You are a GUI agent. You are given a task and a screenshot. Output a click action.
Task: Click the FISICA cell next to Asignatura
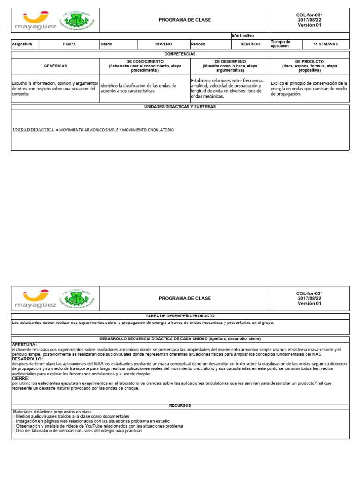[69, 45]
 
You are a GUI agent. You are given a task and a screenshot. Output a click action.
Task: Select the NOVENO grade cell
[163, 45]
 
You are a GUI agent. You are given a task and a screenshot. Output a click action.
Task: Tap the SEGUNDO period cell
[250, 45]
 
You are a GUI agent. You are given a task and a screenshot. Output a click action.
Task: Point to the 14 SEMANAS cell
[325, 45]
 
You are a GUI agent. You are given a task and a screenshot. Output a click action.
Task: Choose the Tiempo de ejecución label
[281, 44]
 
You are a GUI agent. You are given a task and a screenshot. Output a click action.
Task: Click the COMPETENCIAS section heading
[180, 54]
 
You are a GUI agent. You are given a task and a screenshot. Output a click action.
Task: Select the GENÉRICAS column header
[55, 66]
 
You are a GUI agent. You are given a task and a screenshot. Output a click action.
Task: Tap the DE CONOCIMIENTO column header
[145, 66]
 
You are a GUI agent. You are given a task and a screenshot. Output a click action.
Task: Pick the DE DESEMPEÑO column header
[230, 66]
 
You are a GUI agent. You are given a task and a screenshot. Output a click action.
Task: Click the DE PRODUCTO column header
[309, 66]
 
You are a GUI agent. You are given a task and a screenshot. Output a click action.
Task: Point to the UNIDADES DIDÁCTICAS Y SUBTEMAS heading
[180, 107]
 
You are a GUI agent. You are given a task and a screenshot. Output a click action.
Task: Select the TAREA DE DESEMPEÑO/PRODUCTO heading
[180, 316]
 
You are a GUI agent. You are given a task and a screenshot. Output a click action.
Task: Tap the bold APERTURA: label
[23, 345]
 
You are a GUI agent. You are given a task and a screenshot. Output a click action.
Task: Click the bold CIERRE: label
[20, 378]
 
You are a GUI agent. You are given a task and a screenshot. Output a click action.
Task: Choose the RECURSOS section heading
[180, 405]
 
